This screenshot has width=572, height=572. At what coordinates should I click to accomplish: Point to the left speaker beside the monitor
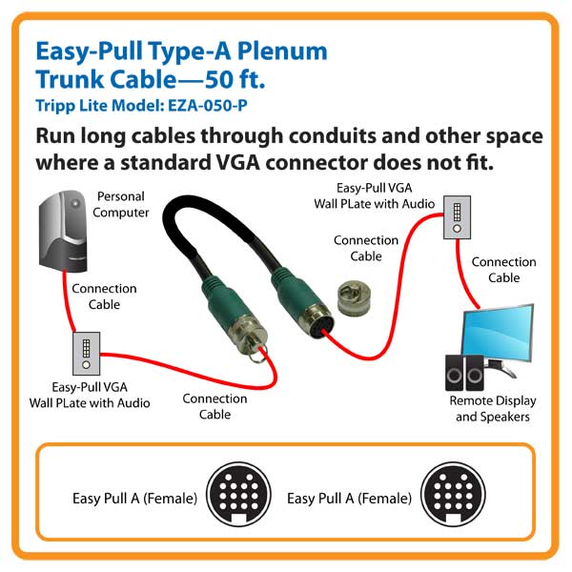(452, 373)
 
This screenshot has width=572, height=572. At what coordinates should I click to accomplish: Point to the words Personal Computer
(120, 204)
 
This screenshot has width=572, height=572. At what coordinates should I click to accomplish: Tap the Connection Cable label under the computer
(104, 296)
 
